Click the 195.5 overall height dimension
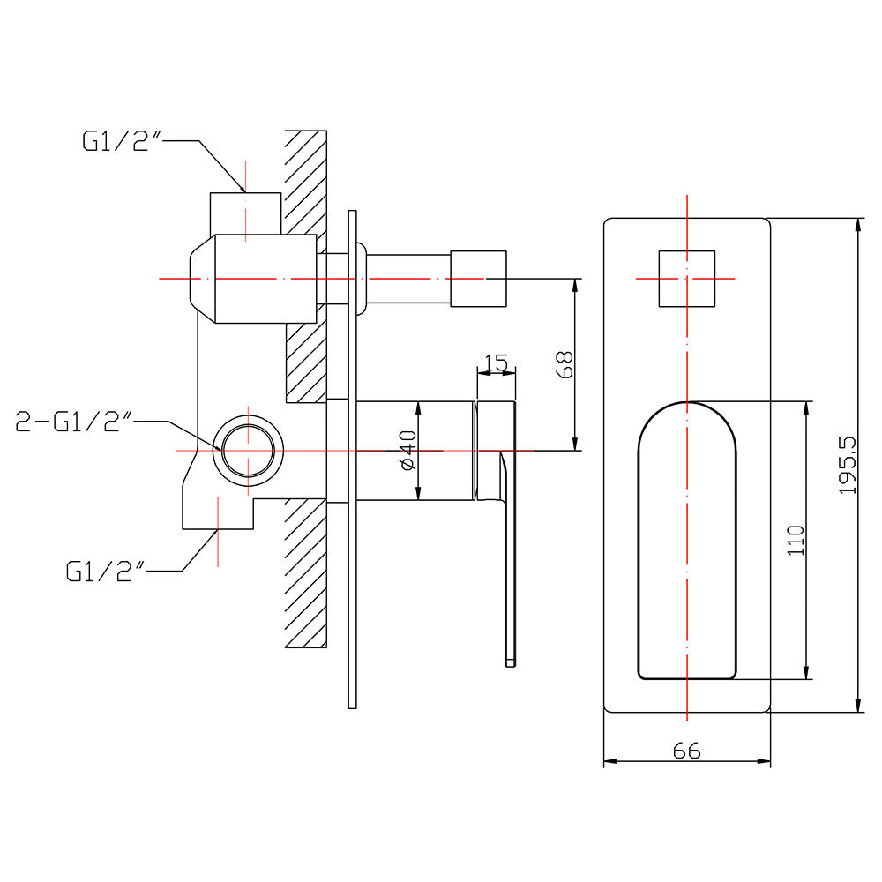click(x=848, y=465)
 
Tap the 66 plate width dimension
click(x=686, y=751)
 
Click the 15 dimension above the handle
click(x=496, y=362)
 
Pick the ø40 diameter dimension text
click(x=407, y=452)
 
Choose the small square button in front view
click(x=686, y=278)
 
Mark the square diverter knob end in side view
click(x=479, y=279)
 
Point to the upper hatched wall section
click(x=307, y=181)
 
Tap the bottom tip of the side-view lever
click(x=509, y=660)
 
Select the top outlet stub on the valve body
click(x=244, y=213)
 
